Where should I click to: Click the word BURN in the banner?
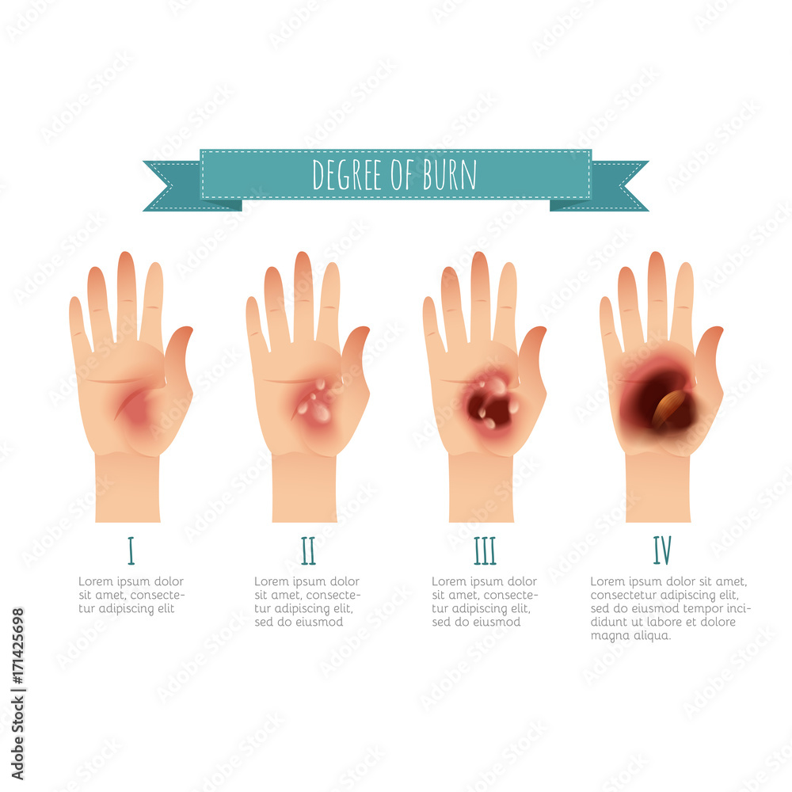[449, 175]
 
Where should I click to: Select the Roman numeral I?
[131, 550]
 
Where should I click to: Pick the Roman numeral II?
[308, 550]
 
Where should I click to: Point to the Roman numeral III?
[485, 550]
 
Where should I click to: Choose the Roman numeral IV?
[662, 550]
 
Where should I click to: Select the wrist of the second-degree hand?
[304, 487]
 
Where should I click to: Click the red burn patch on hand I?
[132, 406]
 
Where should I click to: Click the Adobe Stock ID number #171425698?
[17, 646]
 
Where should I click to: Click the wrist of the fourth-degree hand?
[657, 487]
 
